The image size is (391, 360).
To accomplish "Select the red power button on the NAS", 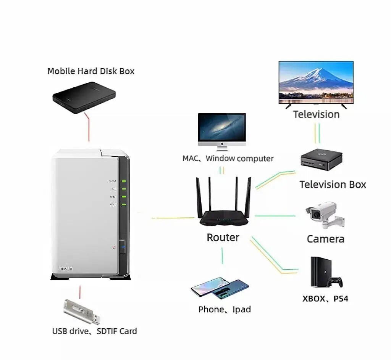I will coord(114,247).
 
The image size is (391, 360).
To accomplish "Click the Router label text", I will coord(223,238).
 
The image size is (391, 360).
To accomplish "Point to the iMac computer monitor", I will coord(222,128).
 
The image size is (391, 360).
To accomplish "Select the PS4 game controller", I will coord(336,282).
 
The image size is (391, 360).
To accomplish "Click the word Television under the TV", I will coord(316,114).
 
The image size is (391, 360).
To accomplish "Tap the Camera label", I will coord(325,239).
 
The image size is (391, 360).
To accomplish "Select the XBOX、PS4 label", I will coord(325,299).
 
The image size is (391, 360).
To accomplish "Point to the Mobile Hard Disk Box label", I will coord(91,71).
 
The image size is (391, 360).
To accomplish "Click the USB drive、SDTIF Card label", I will coord(94,331).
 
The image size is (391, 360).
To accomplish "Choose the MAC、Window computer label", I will coord(228,158).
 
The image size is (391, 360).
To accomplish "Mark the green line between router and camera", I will coord(275,216).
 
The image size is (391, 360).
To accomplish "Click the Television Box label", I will coord(333,185).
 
